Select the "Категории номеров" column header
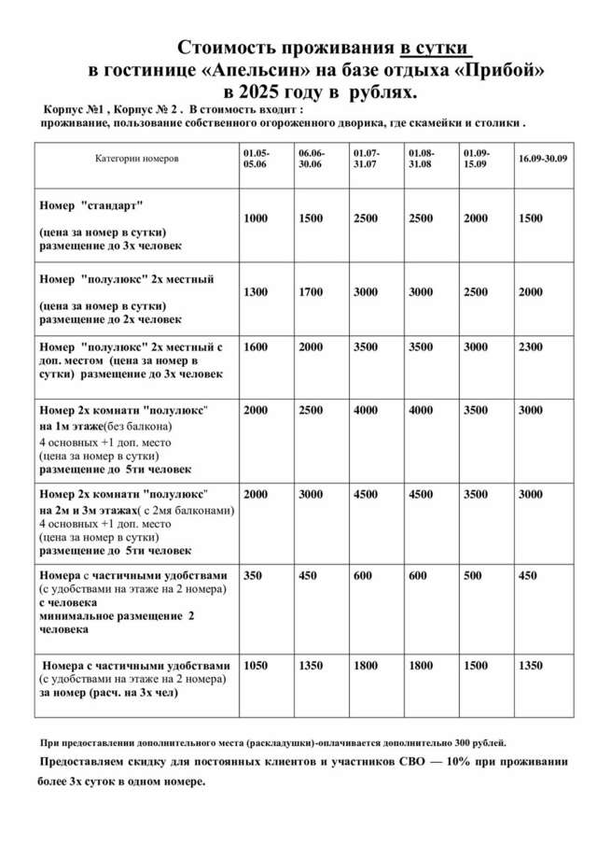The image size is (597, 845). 136,159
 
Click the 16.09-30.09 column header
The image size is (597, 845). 542,159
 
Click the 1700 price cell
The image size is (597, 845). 311,292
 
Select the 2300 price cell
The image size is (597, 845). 530,346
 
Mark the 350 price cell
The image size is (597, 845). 252,576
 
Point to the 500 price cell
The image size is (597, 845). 475,576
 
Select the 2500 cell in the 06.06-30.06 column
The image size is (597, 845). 311,410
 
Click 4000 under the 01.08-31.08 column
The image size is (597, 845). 421,410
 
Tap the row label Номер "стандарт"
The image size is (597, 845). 91,204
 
